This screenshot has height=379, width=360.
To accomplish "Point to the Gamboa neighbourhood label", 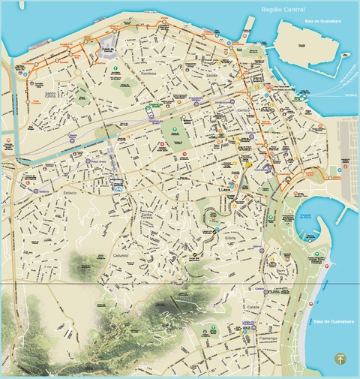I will click(149, 76).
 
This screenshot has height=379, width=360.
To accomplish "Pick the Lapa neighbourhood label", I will click(225, 190).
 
